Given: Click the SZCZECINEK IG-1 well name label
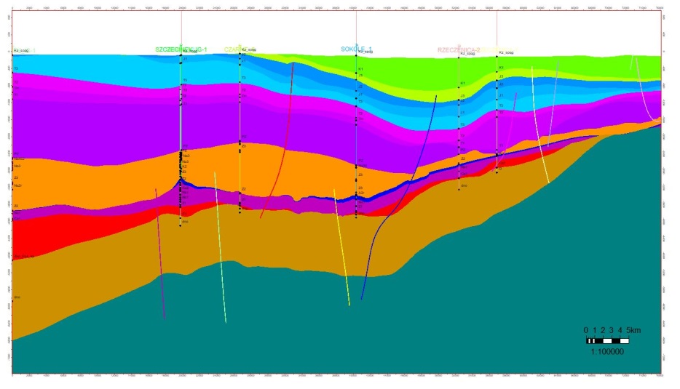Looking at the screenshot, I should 181,49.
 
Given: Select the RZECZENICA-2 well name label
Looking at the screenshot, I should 459,50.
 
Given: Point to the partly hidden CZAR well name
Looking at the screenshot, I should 232,49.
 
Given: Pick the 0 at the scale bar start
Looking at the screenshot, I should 586,330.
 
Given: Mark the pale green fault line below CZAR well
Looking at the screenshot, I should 221,247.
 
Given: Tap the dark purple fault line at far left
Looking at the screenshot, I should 160,254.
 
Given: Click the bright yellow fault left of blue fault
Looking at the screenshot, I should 341,247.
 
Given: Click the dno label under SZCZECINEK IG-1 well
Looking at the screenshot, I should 185,222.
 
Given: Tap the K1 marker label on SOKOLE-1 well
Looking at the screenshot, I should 360,69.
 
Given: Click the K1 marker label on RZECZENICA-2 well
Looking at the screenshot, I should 462,84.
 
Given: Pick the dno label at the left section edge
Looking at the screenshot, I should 17,297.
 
